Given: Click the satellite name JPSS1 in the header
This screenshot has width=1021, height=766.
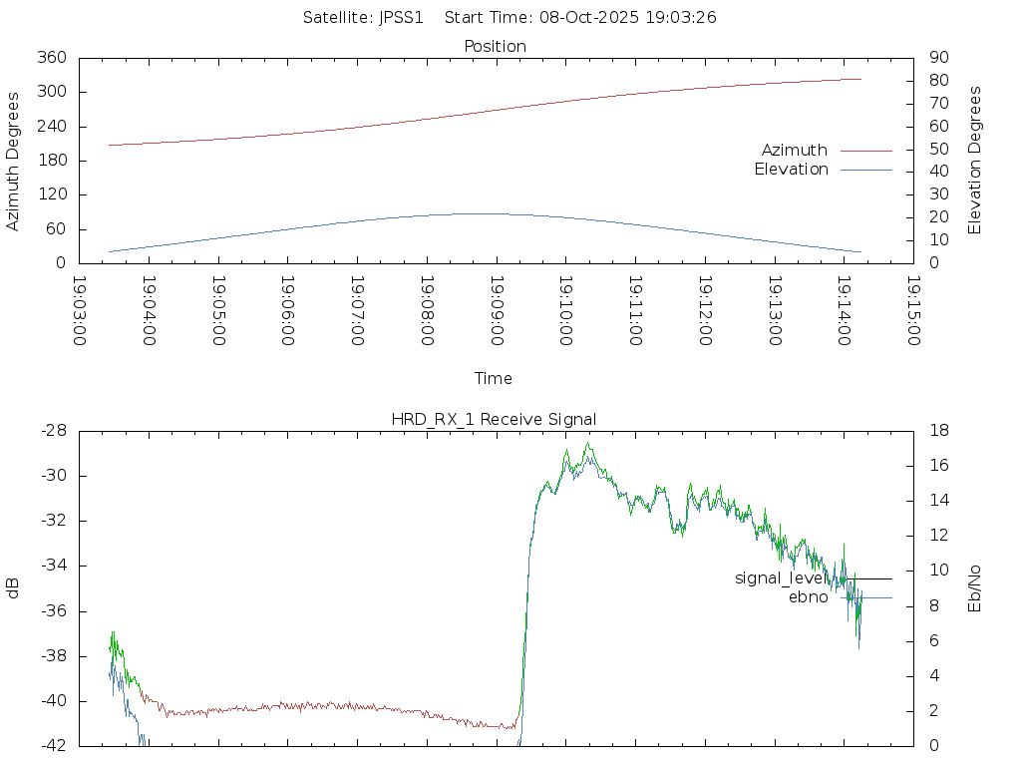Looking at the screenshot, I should click(x=402, y=17).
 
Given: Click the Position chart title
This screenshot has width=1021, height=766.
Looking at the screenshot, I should click(x=495, y=46).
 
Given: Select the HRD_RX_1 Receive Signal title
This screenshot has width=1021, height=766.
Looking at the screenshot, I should click(x=494, y=419).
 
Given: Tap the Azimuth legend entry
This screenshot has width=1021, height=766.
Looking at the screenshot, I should click(x=795, y=150).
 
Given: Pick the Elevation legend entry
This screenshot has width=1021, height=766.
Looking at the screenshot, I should click(x=791, y=170).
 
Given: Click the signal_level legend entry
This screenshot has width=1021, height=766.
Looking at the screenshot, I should click(x=780, y=577).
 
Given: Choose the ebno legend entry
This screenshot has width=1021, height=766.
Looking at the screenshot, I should click(x=808, y=597).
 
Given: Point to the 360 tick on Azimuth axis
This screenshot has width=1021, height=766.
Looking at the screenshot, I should click(x=51, y=58).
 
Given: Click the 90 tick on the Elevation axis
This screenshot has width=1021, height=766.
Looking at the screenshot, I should click(x=937, y=58).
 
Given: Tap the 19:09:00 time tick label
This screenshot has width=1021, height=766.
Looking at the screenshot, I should click(x=496, y=311).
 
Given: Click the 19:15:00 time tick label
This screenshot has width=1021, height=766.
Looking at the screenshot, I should click(x=912, y=311).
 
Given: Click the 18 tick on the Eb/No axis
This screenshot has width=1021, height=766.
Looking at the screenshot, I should click(x=938, y=431).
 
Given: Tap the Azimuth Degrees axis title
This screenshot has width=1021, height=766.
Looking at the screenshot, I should click(x=14, y=161).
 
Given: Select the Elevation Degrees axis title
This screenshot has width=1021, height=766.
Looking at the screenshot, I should click(x=975, y=160).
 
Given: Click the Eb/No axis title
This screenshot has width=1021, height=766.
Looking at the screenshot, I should click(x=975, y=588).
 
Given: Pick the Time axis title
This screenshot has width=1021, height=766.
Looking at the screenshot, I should click(x=494, y=378).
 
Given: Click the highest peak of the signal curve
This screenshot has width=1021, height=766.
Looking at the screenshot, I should click(x=588, y=444).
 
